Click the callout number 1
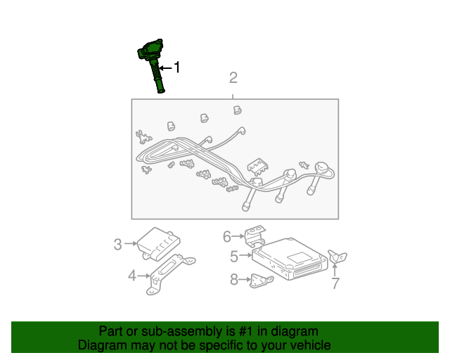[176, 67]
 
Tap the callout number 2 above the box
[233, 78]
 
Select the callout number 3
[117, 244]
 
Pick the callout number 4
[131, 276]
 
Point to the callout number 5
[234, 256]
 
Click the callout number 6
[227, 236]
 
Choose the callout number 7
[335, 283]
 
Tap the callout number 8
[234, 279]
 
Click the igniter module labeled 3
[158, 244]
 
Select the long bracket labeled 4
[170, 274]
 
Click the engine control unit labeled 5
[290, 259]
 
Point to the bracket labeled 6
[255, 236]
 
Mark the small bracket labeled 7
[337, 257]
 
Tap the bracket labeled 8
[261, 281]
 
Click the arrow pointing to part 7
[335, 269]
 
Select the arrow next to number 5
[245, 255]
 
